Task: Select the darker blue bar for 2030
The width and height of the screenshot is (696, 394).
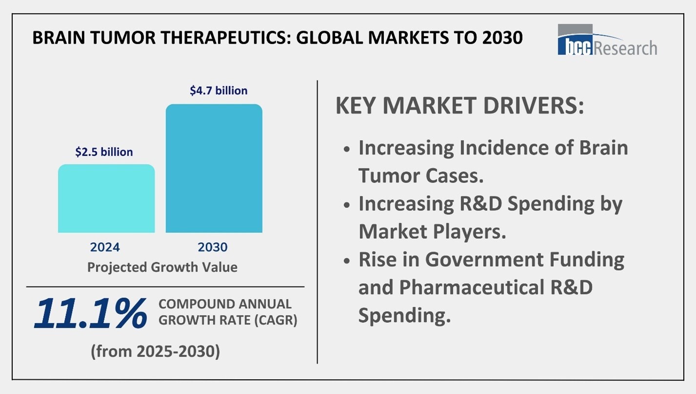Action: tap(214, 168)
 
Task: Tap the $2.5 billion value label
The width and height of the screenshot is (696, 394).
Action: tap(104, 152)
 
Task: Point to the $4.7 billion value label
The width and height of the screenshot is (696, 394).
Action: tap(219, 91)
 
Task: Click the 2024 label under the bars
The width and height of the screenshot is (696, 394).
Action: tap(105, 247)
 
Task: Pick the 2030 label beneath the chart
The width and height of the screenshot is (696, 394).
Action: tap(213, 247)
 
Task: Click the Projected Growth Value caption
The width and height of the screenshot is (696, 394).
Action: tap(162, 267)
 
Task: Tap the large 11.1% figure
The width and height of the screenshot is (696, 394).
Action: tap(90, 313)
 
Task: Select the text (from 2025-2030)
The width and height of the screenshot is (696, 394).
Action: tap(156, 351)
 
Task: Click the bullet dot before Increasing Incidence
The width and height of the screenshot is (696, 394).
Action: tap(347, 149)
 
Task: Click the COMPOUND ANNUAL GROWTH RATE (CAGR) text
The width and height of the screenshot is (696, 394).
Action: tap(228, 312)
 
